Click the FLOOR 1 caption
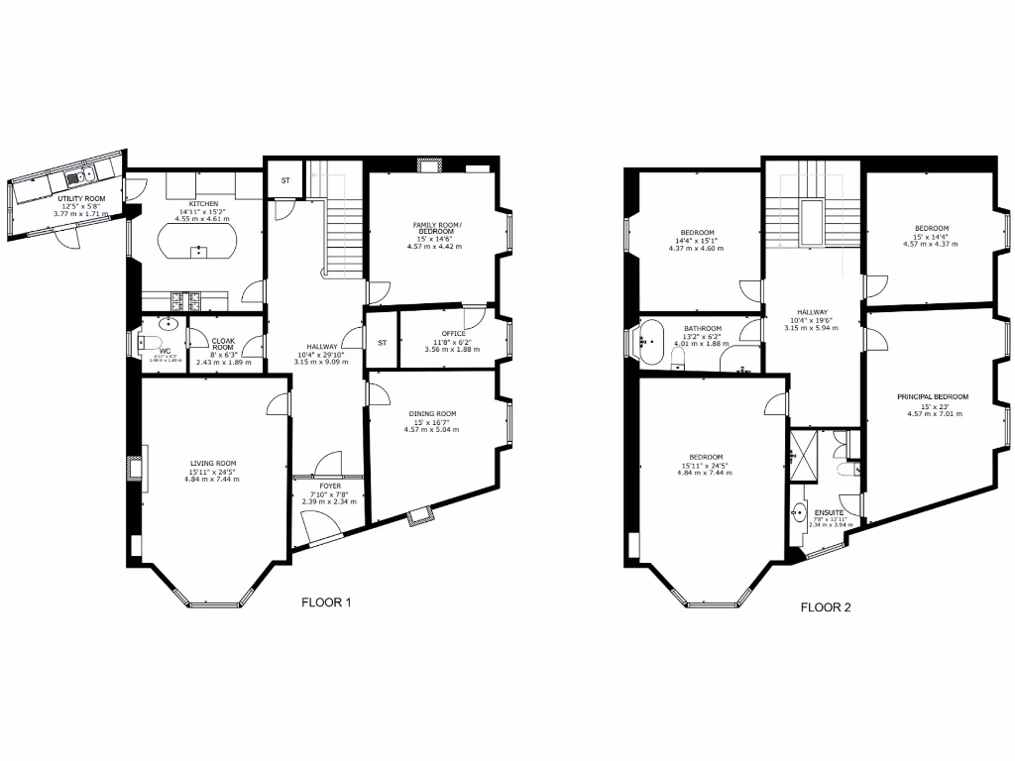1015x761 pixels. (x=326, y=601)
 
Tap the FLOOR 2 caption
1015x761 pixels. (x=826, y=607)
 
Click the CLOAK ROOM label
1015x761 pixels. (x=223, y=345)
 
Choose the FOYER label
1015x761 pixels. (x=329, y=486)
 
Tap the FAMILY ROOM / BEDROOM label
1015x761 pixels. (x=437, y=229)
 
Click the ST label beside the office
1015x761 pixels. (x=382, y=343)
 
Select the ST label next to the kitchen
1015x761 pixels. (x=285, y=180)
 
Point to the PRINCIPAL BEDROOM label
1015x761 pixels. (x=933, y=396)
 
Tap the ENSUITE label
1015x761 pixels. (x=829, y=512)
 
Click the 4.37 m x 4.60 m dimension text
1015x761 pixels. (x=698, y=248)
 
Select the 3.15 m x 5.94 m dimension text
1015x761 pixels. (x=812, y=328)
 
